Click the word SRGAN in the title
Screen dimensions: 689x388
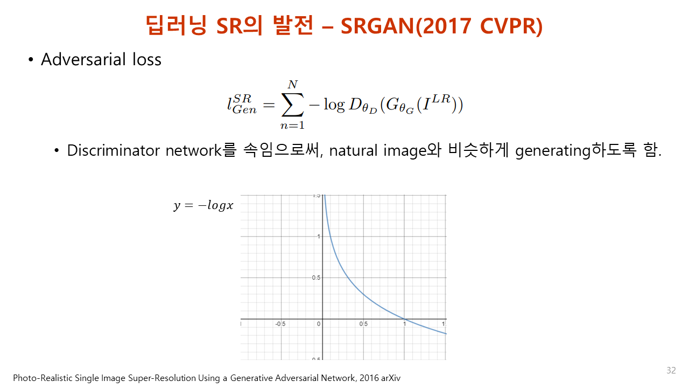coord(378,26)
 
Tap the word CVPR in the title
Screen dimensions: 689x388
coord(507,26)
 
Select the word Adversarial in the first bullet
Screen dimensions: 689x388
coord(83,59)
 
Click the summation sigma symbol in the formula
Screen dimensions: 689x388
coord(292,105)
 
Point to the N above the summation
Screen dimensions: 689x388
coord(292,84)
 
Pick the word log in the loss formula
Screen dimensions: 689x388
coord(334,105)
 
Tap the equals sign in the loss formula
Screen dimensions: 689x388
coord(269,105)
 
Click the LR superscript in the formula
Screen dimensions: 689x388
coord(441,99)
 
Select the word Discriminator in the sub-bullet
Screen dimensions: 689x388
coord(113,150)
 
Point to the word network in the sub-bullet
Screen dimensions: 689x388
coord(194,150)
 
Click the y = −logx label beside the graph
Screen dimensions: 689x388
coord(203,205)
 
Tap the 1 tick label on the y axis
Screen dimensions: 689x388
coord(319,236)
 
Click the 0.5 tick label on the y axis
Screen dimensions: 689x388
coord(316,278)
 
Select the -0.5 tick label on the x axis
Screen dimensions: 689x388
coord(280,324)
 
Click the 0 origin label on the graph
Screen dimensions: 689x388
coord(319,324)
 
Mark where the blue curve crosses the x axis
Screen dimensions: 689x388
coord(404,318)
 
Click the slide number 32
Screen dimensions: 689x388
coord(671,370)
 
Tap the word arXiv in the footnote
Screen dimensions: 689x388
coord(391,378)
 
